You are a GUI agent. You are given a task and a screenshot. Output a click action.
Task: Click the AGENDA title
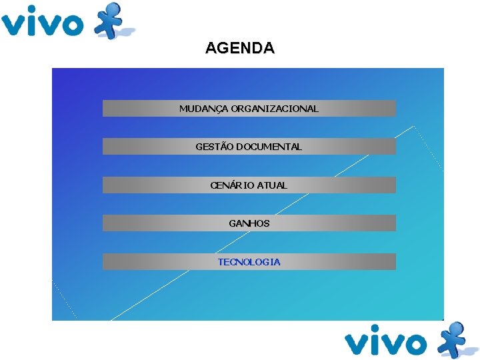pos(239,49)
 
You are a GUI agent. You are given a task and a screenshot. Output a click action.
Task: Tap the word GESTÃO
pos(215,147)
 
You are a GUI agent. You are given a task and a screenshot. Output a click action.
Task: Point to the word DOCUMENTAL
pos(269,147)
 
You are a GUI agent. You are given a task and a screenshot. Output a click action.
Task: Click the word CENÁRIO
pos(232,185)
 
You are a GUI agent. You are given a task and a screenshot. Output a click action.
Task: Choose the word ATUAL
pos(272,185)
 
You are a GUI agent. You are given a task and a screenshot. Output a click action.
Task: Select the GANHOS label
pos(249,223)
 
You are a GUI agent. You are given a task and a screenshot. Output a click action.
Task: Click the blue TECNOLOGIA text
pos(249,262)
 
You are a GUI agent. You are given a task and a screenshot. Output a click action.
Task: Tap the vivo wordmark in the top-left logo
pos(41,23)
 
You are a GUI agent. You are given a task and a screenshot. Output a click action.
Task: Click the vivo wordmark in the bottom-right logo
pos(385,343)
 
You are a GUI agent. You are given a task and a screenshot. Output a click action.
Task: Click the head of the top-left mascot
pos(114,9)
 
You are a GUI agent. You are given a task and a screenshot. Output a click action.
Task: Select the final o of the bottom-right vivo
pos(414,344)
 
